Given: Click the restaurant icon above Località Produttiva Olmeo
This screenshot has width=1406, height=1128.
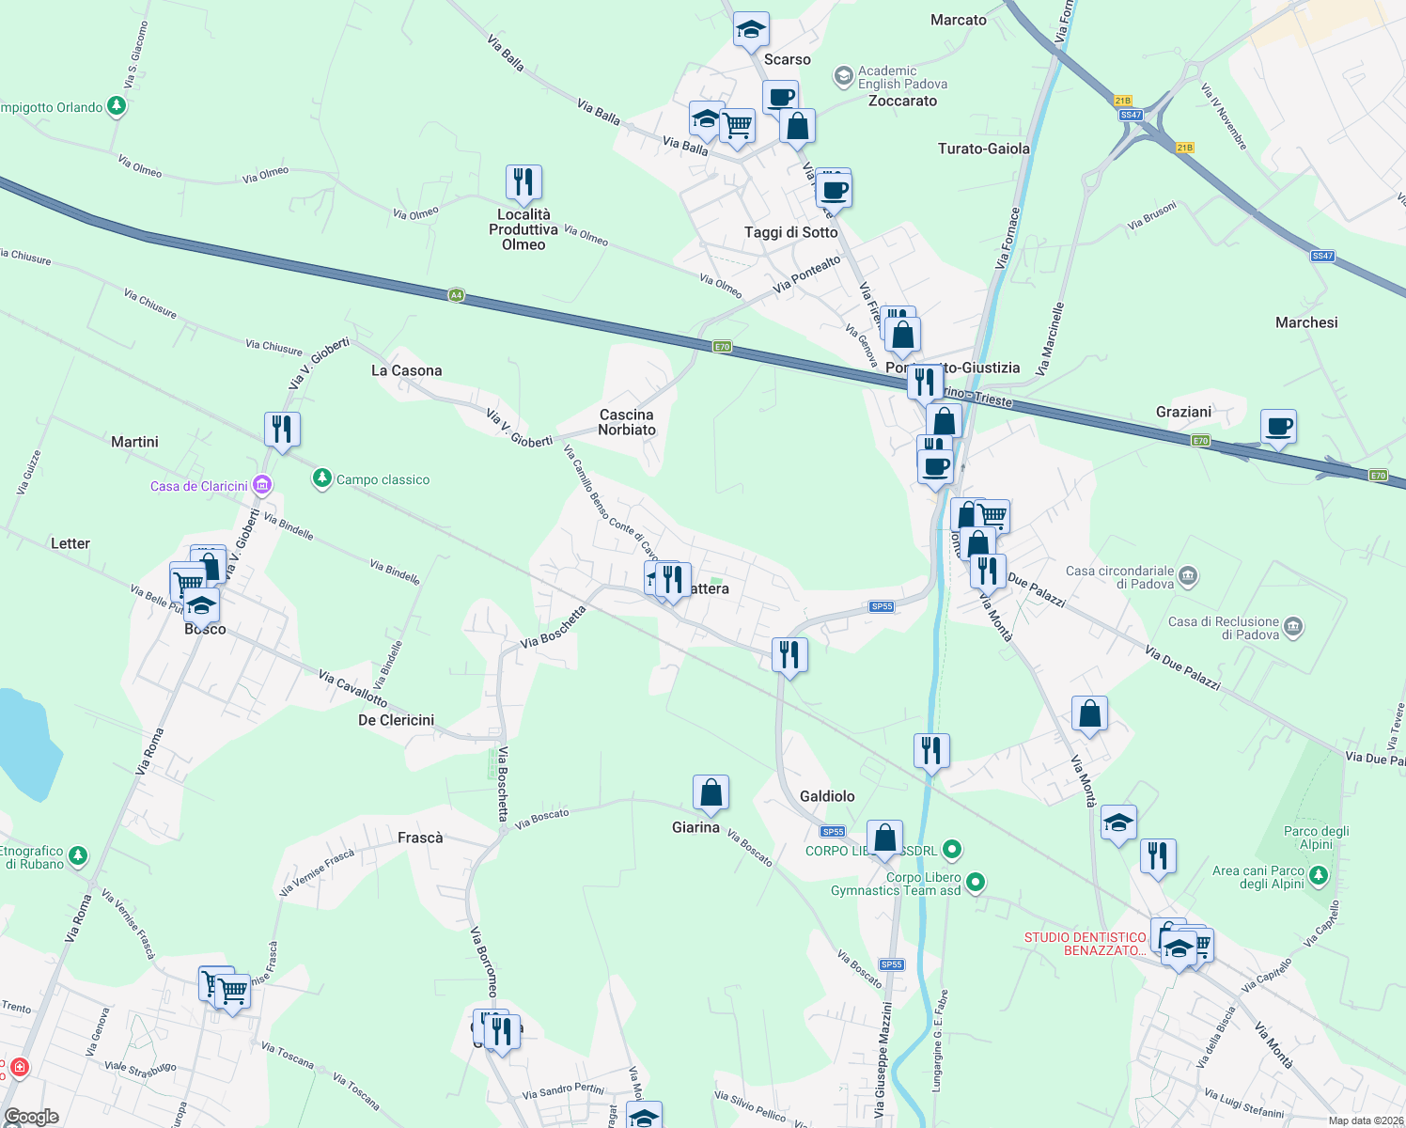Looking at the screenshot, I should tap(523, 182).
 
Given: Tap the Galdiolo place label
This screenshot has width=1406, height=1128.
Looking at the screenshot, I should tap(827, 796).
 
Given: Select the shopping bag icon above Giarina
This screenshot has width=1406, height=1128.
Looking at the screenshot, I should tap(711, 792).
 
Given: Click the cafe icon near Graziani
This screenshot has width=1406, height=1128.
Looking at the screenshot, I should tap(1278, 427).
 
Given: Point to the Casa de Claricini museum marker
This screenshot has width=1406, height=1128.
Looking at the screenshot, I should tap(262, 485).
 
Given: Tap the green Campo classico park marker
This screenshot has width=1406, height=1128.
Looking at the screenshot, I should tap(322, 479).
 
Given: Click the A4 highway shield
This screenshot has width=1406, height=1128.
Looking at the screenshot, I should tap(456, 295).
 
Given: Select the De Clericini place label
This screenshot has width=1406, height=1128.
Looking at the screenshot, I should tap(396, 720).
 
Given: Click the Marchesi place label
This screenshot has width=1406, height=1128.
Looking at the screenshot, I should tap(1306, 322).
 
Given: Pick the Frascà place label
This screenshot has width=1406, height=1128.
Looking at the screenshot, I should tap(420, 838).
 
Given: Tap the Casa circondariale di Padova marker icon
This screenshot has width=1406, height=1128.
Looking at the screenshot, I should tap(1188, 575).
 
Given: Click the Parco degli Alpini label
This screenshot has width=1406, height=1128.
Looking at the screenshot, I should tap(1316, 838).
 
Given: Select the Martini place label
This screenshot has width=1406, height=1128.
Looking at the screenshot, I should tap(134, 442).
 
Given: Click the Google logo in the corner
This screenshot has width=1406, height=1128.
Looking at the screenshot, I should tap(32, 1117).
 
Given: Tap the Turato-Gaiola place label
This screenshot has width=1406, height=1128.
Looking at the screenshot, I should tap(983, 149).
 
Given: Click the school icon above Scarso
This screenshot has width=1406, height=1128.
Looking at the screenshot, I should tap(751, 30).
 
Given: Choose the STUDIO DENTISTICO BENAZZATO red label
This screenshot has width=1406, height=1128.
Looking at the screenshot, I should tap(1085, 944).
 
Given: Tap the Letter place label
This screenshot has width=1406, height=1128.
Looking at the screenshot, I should tap(70, 543).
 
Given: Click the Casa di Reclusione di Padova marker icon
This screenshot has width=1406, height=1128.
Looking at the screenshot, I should tap(1293, 626).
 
